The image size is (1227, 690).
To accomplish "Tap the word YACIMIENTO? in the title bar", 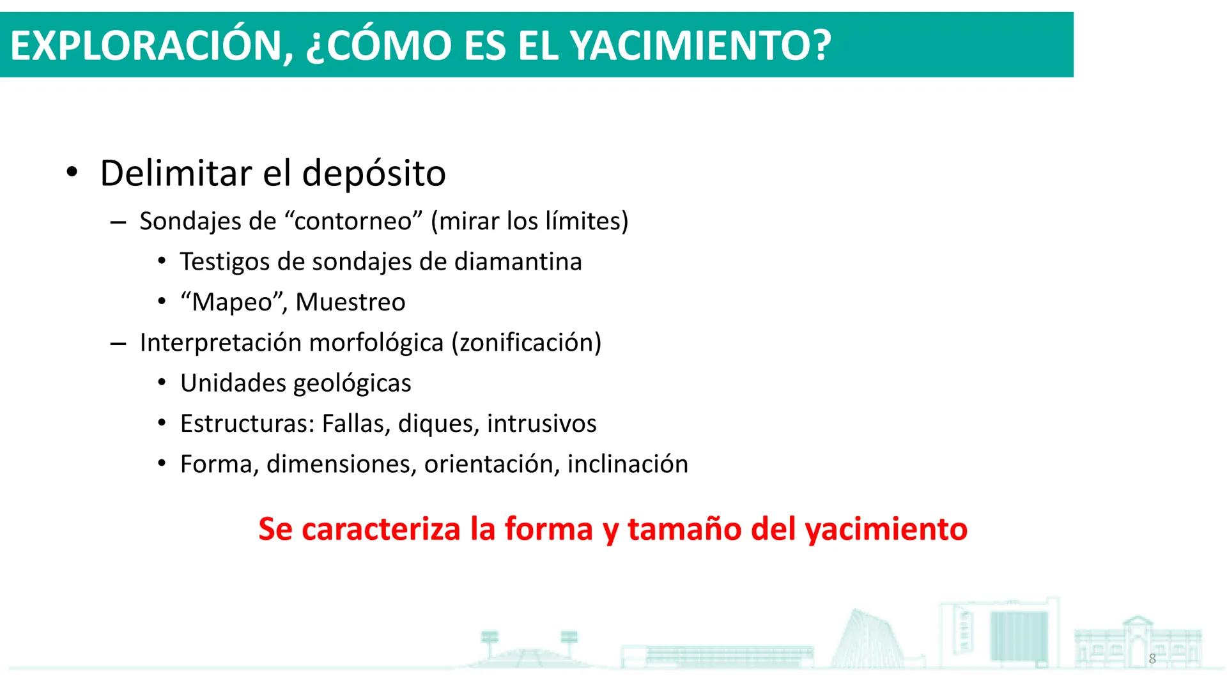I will [x=700, y=46].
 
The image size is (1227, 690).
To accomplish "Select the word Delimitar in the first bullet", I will [x=176, y=173].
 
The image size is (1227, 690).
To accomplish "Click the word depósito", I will [x=373, y=174].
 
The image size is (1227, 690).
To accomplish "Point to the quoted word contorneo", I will [x=353, y=221].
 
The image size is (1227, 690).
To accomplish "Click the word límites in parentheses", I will [x=583, y=221].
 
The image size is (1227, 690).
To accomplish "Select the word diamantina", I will [x=518, y=261].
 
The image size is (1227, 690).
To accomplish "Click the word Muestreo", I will [x=350, y=302].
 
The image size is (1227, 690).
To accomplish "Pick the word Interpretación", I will [x=220, y=342].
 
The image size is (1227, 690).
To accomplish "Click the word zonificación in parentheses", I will [x=527, y=342].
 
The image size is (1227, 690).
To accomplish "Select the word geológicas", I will [x=352, y=383].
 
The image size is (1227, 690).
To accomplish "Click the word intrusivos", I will [x=541, y=424].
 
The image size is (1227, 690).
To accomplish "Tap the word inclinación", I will [x=628, y=464].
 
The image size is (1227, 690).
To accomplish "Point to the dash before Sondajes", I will [x=118, y=222].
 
